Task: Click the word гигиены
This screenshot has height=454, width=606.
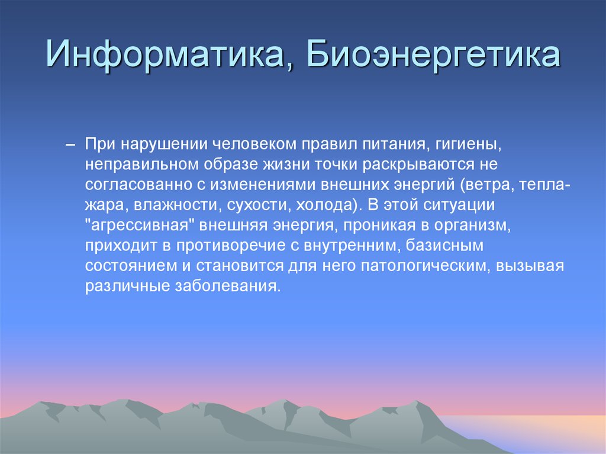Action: pos(470,144)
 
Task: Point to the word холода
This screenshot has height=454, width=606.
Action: pos(322,205)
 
